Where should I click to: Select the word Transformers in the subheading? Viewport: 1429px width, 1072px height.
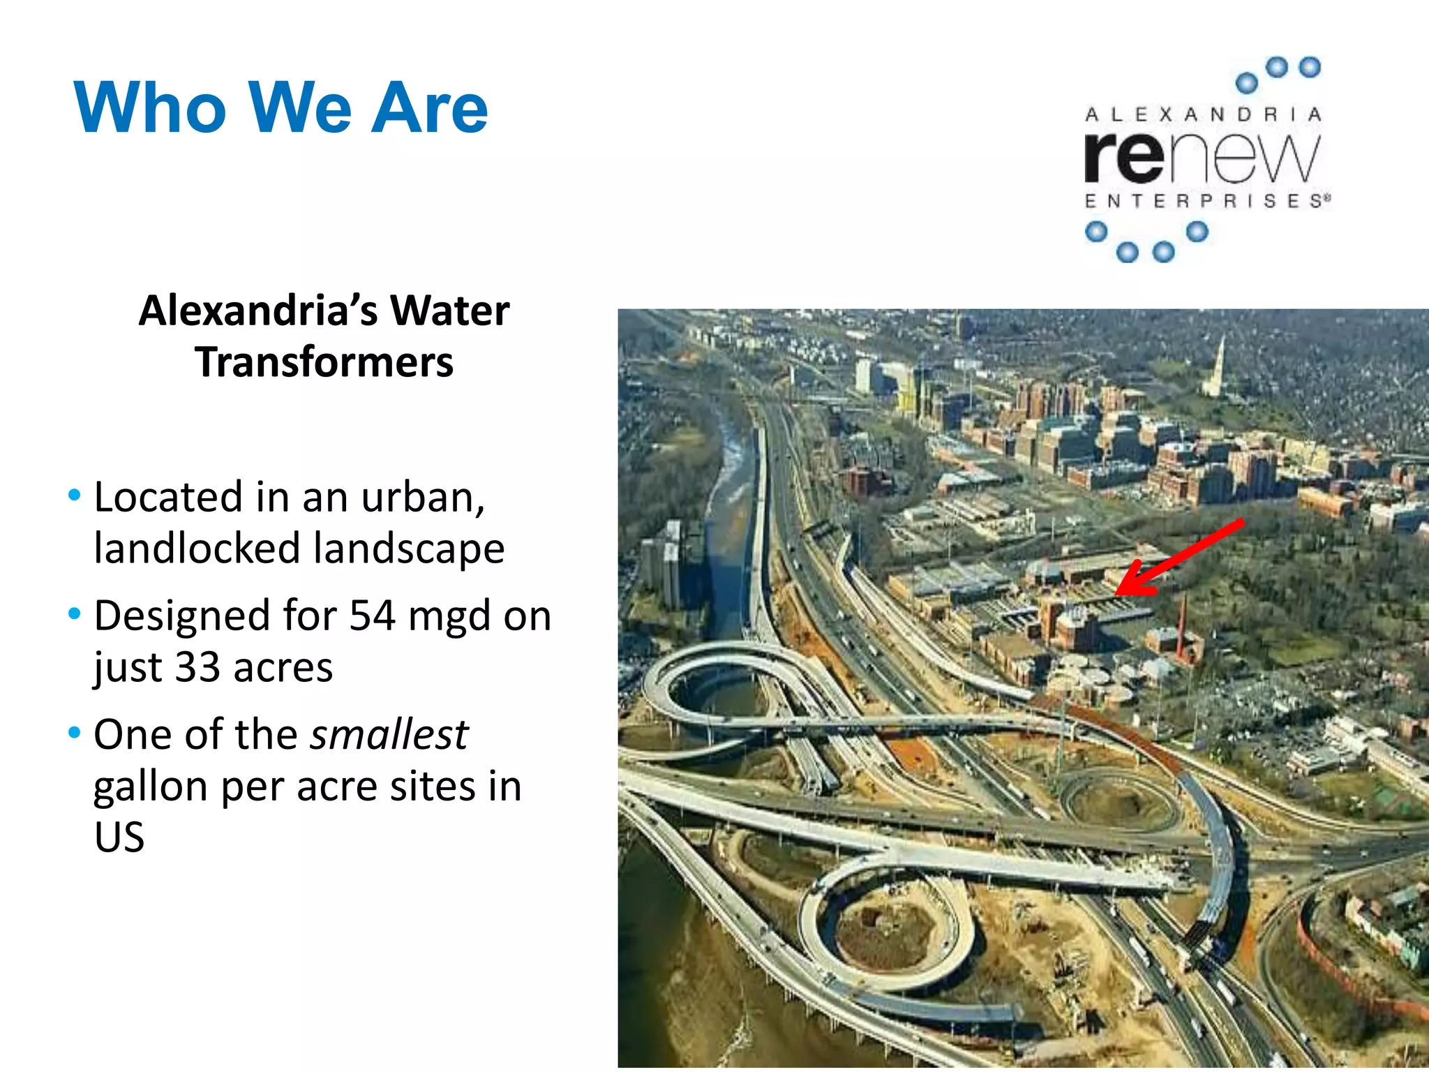[324, 362]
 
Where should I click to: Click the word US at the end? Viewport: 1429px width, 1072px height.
[119, 837]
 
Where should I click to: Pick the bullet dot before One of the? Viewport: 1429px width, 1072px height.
[75, 734]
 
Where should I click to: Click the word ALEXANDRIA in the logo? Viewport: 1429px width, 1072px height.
[1203, 114]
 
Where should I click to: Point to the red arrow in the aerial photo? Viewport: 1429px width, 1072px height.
[1179, 559]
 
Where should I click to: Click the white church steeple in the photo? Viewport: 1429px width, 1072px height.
[1218, 363]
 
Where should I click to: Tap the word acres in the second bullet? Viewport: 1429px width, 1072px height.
[283, 668]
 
